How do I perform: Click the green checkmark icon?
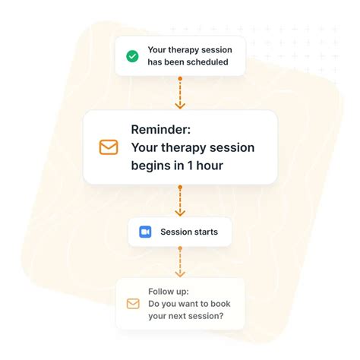pyautogui.click(x=132, y=56)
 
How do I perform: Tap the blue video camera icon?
pyautogui.click(x=145, y=232)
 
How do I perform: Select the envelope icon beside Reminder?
pyautogui.click(x=109, y=147)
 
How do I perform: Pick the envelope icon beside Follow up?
pyautogui.click(x=133, y=304)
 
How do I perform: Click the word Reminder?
pyautogui.click(x=162, y=129)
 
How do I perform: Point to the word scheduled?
pyautogui.click(x=203, y=62)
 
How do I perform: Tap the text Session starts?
pyautogui.click(x=188, y=232)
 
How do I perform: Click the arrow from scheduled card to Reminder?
pyautogui.click(x=180, y=96)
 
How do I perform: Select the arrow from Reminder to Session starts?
pyautogui.click(x=180, y=203)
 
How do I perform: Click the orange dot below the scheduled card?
pyautogui.click(x=180, y=78)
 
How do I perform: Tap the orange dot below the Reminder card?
pyautogui.click(x=180, y=186)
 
